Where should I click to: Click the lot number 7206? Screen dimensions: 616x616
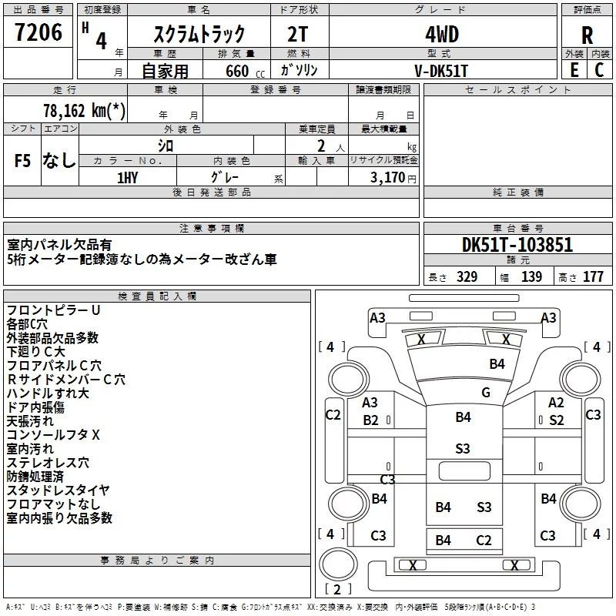pyautogui.click(x=38, y=33)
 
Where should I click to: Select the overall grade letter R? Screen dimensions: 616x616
pyautogui.click(x=588, y=35)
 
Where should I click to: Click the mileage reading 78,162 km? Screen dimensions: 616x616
pyautogui.click(x=85, y=110)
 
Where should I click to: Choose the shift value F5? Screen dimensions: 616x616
pyautogui.click(x=23, y=160)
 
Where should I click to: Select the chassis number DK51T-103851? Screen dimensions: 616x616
pyautogui.click(x=517, y=246)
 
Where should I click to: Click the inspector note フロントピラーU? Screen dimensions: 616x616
pyautogui.click(x=54, y=310)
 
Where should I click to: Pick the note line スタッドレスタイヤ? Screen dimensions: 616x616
pyautogui.click(x=59, y=490)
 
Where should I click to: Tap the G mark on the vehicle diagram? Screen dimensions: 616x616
pyautogui.click(x=486, y=392)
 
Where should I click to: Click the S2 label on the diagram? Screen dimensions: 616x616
pyautogui.click(x=556, y=420)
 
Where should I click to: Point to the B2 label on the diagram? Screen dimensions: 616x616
pyautogui.click(x=371, y=420)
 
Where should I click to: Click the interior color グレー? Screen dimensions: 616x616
pyautogui.click(x=223, y=176)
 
